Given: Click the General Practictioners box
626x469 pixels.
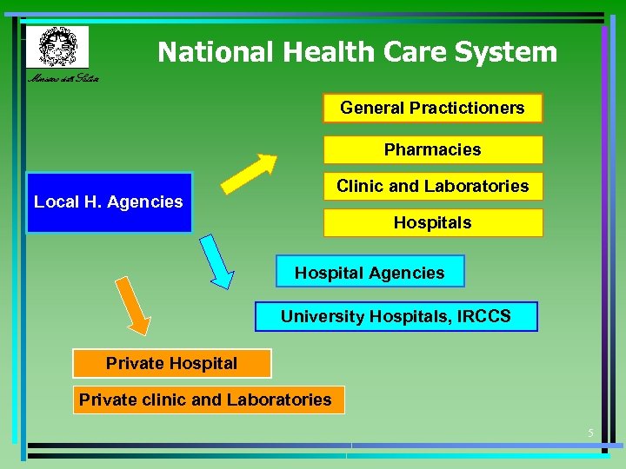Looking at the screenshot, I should point(432,109).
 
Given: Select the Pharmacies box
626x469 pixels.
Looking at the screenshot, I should point(432,149).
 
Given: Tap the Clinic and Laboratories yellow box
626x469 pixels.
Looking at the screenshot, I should point(432,186).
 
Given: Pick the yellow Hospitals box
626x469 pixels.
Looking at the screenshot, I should point(432,223).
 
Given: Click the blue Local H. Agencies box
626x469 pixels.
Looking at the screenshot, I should point(109,202).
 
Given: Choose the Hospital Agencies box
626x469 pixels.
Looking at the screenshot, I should point(370,272).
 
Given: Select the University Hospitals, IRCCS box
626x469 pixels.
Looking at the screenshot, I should point(396,317).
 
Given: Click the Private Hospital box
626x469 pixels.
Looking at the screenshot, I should point(171,363).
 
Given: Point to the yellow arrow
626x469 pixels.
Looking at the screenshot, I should point(249,173).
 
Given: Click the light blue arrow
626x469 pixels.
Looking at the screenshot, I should point(216,261).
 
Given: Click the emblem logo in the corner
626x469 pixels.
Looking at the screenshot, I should point(57,46).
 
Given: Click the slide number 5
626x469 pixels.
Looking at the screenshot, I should point(590,433).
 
